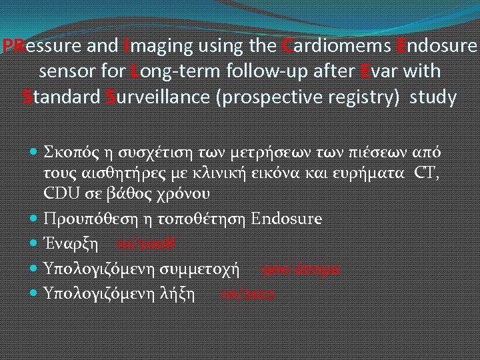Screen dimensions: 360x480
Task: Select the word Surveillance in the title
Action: click(x=161, y=97)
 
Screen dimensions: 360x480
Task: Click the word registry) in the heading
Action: click(x=367, y=97)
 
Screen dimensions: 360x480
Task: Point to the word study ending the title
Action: click(x=433, y=97)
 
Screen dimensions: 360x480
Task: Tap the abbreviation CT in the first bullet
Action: click(x=427, y=175)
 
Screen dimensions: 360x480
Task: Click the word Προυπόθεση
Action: click(x=86, y=219)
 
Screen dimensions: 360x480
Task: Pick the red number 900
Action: click(x=275, y=269)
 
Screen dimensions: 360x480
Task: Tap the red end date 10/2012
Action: click(x=248, y=293)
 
